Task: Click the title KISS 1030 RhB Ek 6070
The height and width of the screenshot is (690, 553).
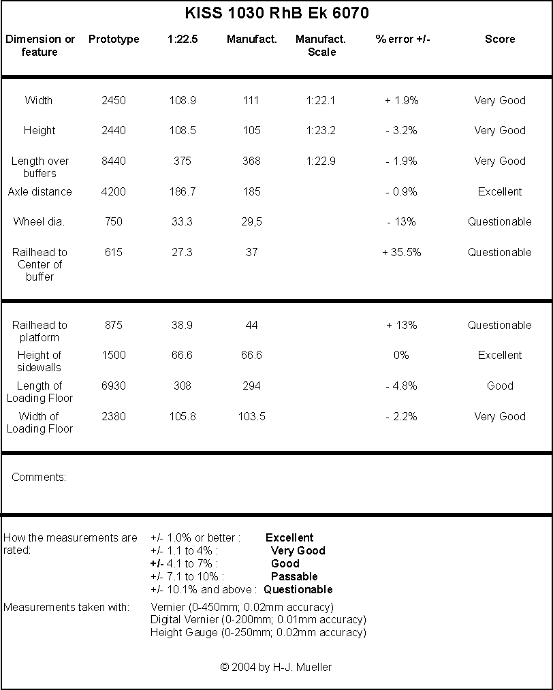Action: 276,13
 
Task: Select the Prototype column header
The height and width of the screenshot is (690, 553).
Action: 114,39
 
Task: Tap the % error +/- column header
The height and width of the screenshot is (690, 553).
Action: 403,39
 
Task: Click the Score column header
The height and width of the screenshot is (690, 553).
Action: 500,39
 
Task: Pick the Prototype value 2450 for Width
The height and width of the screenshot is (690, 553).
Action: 114,100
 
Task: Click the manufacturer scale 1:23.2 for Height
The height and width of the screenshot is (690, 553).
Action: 321,130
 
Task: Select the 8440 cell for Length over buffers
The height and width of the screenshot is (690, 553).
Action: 114,161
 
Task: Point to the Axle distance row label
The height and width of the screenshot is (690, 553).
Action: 39,192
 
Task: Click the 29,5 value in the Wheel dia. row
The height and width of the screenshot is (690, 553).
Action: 252,222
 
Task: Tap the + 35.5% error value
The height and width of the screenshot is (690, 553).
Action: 402,252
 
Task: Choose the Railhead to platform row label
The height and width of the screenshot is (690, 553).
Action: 39,331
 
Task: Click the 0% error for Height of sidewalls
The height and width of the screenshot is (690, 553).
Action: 401,355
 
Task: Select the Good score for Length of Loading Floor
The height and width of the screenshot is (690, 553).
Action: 500,386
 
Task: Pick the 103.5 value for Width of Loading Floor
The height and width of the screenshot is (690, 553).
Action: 252,416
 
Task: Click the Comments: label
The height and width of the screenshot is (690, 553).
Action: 39,477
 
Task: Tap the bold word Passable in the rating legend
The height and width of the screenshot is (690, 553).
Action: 294,576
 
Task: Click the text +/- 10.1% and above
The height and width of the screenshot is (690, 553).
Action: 204,590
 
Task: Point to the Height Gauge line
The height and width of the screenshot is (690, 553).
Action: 258,633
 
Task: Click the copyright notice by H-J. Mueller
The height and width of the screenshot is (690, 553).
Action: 276,667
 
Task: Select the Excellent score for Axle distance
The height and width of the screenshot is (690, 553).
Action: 500,192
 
